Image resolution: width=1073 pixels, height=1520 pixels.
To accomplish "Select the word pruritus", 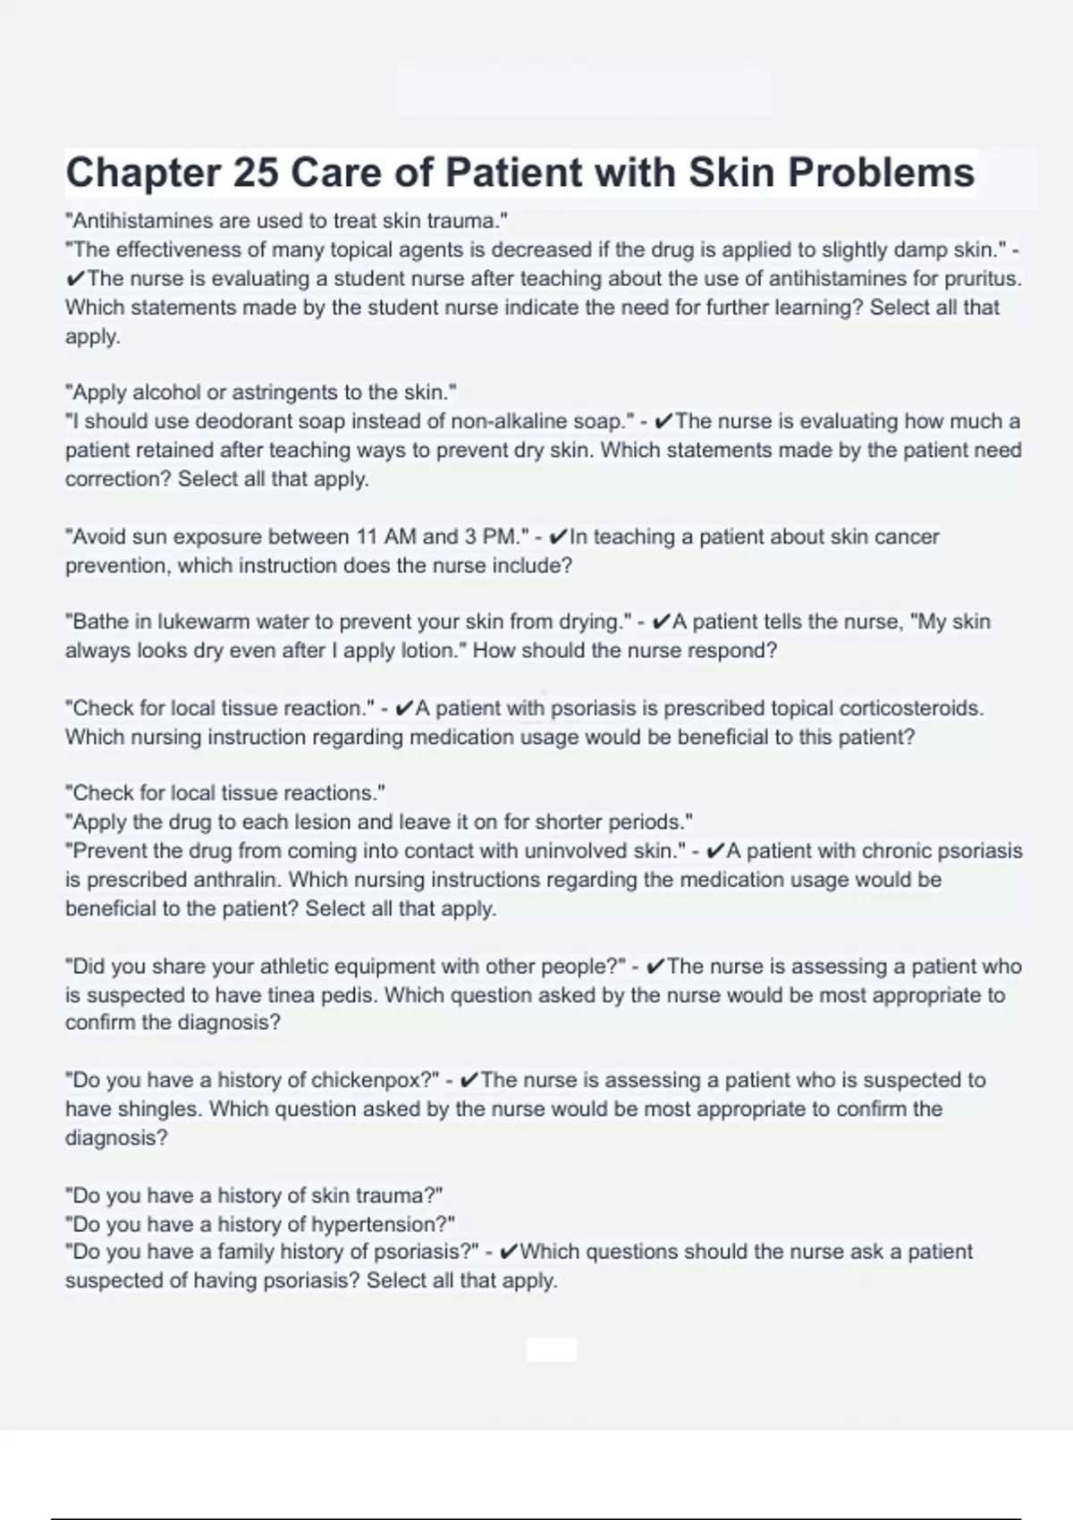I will coord(983,278).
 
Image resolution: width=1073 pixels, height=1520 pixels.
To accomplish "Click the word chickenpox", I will coord(371,1080).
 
